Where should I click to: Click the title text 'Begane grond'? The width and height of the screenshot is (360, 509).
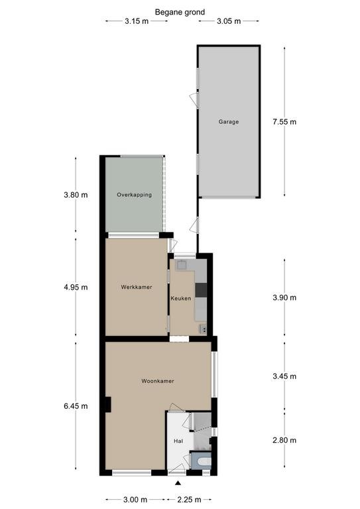point(180,12)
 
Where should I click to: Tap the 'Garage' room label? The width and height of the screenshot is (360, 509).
point(229,122)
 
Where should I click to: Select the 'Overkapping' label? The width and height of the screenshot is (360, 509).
point(134,195)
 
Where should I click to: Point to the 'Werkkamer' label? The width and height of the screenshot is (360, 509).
point(137,287)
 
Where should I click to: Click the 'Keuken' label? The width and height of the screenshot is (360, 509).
point(181,298)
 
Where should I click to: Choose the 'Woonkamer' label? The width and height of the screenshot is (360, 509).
point(157,381)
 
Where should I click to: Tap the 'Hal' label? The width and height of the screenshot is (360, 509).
point(178,441)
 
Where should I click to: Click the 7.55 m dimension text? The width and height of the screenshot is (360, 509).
point(284,122)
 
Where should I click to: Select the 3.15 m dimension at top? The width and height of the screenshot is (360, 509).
point(136,21)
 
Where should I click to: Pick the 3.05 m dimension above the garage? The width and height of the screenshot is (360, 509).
point(229,21)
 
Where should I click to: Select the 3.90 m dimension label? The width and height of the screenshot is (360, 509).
point(284,298)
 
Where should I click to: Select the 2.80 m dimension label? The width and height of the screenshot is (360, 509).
point(284,441)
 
